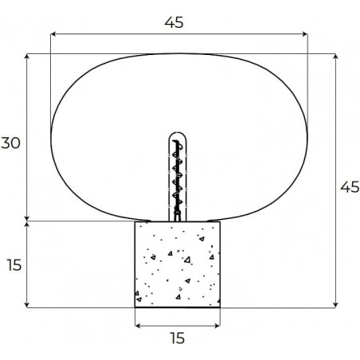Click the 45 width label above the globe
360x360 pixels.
pyautogui.click(x=174, y=22)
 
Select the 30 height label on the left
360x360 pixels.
pyautogui.click(x=10, y=143)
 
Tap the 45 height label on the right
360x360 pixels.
pyautogui.click(x=350, y=187)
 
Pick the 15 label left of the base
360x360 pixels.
pyautogui.click(x=14, y=265)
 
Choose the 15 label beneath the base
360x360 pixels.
pyautogui.click(x=178, y=338)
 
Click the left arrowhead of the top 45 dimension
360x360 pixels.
pyautogui.click(x=53, y=34)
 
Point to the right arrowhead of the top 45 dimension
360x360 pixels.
pyautogui.click(x=305, y=34)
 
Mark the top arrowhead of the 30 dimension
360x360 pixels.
pyautogui.click(x=26, y=57)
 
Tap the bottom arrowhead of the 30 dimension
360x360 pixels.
pyautogui.click(x=26, y=218)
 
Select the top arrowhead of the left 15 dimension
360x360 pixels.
pyautogui.click(x=26, y=225)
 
